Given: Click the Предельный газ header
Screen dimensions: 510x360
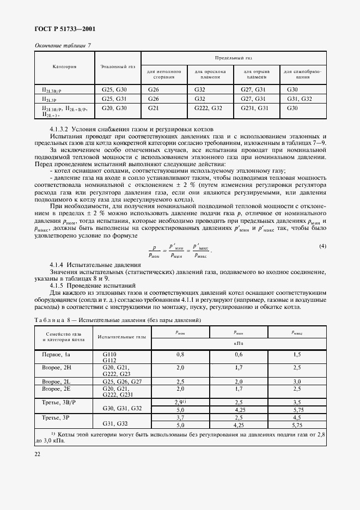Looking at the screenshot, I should point(234,57).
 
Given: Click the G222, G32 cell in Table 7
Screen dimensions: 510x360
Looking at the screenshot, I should point(208,109).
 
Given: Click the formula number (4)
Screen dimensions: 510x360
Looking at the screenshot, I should point(322,231).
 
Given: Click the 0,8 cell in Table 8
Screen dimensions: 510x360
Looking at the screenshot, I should point(180,354).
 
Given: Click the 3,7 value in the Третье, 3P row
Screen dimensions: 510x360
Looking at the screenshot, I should point(180,417).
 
